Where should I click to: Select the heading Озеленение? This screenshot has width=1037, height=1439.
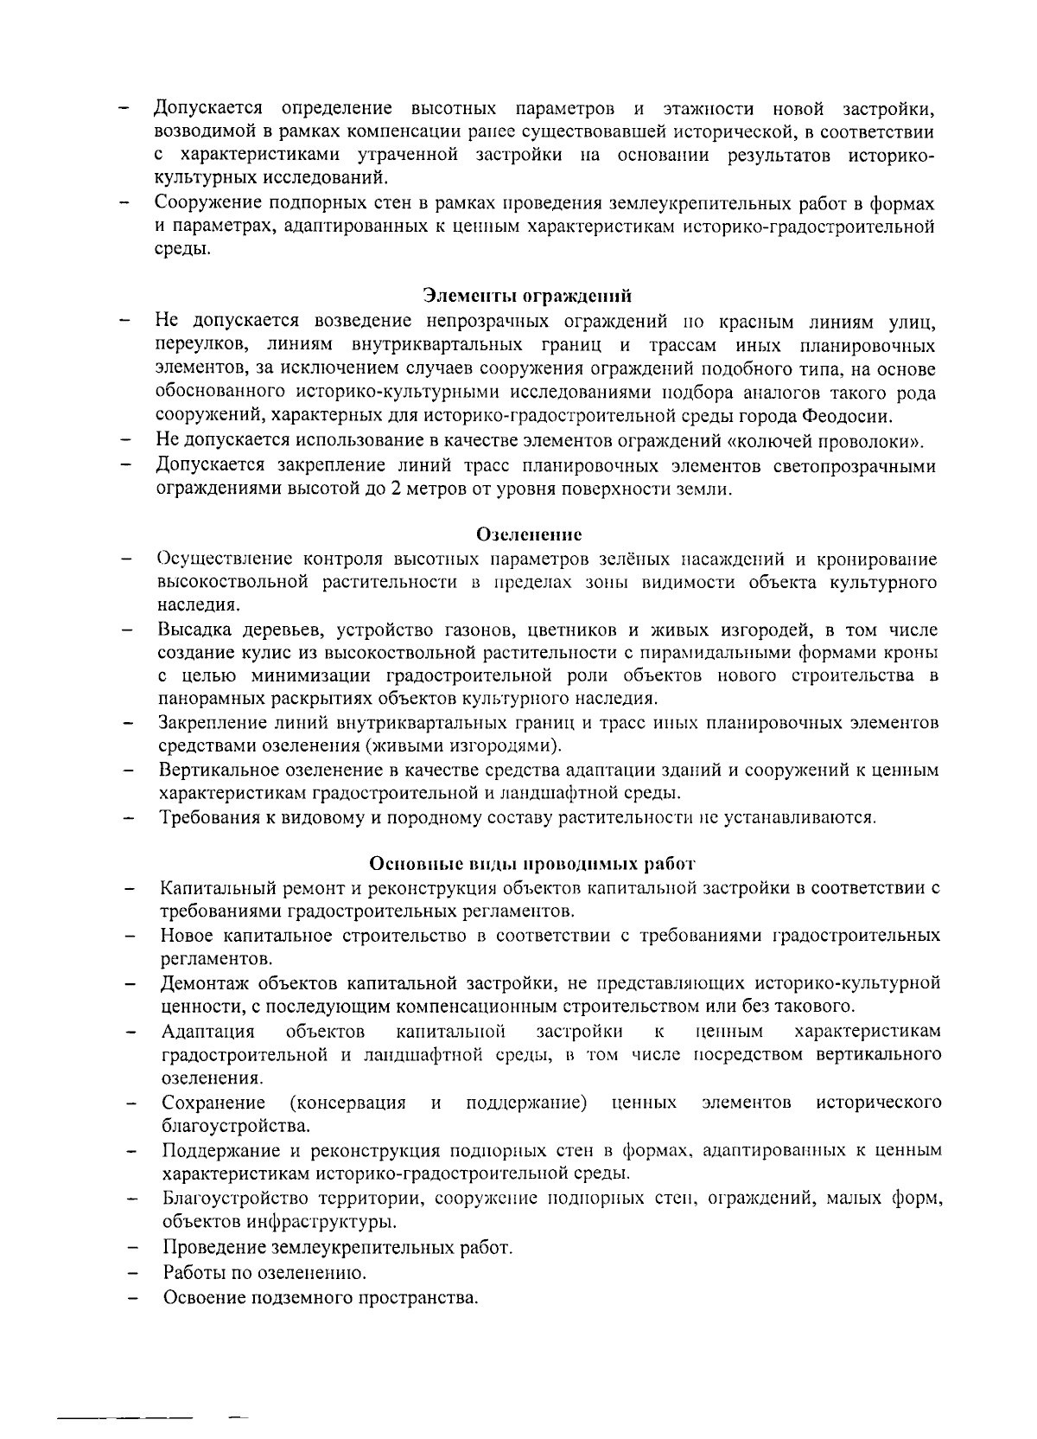[529, 534]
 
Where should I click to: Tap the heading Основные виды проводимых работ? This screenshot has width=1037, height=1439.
[532, 863]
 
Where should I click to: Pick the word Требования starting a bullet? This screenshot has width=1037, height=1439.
[208, 816]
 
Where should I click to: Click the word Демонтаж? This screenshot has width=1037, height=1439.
[200, 983]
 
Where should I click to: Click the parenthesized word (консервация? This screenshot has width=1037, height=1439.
[348, 1103]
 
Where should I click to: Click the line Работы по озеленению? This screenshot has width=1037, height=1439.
[264, 1273]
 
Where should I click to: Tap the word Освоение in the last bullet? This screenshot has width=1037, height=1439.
[200, 1298]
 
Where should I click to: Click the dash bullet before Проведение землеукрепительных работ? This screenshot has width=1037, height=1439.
[132, 1249]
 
